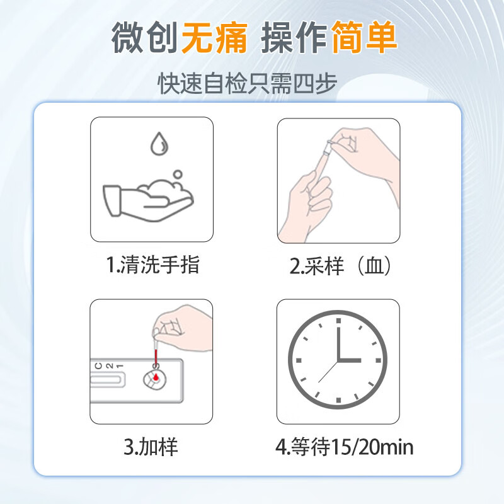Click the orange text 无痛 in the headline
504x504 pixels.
(x=214, y=38)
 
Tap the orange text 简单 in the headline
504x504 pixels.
(x=364, y=37)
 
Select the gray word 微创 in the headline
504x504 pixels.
(x=145, y=38)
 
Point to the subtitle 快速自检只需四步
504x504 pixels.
(x=247, y=83)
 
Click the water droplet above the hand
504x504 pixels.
(x=159, y=144)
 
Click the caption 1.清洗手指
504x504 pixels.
(x=153, y=265)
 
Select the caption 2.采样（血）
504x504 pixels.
(x=340, y=266)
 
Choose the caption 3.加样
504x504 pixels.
(x=151, y=447)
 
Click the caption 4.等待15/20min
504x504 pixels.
(x=344, y=447)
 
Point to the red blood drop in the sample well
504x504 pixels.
(x=156, y=377)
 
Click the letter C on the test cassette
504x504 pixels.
(x=99, y=366)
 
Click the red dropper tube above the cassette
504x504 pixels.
(x=156, y=357)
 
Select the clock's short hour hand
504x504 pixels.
(x=349, y=360)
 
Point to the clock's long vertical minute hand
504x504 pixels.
(x=338, y=343)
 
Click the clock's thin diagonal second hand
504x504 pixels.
(x=328, y=371)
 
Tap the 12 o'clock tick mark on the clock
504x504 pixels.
(x=338, y=321)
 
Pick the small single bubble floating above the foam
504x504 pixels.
(x=178, y=175)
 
